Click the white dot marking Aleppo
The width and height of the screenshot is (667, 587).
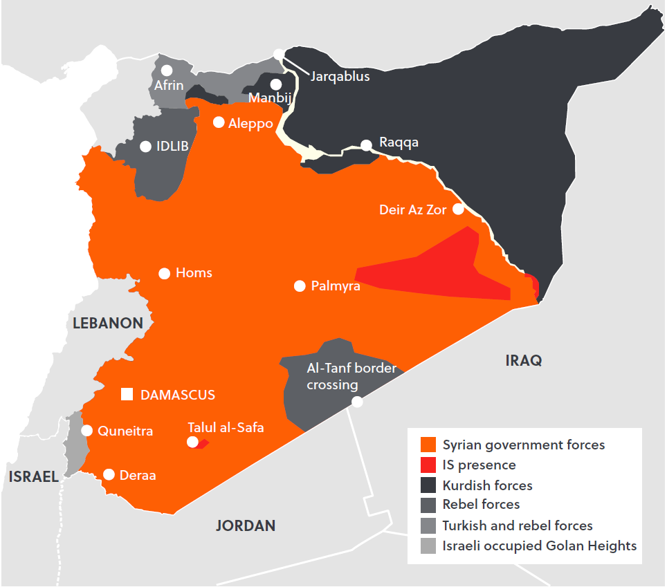[x=219, y=122]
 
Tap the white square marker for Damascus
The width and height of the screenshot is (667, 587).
[x=127, y=394]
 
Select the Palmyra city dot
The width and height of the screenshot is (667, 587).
[x=300, y=286]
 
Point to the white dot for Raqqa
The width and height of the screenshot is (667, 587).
[x=367, y=145]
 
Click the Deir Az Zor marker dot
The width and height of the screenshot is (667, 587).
[x=459, y=209]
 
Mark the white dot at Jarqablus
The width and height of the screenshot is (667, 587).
[x=278, y=54]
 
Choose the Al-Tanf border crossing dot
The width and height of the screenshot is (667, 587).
[x=357, y=402]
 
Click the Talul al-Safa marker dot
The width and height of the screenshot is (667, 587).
[x=193, y=442]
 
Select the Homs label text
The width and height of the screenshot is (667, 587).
[x=194, y=273]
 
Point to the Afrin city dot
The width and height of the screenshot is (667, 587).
[x=167, y=71]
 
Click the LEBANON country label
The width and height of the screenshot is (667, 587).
[x=108, y=323]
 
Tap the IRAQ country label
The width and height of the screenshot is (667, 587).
[x=524, y=360]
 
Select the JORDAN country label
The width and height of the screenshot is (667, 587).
[x=246, y=525]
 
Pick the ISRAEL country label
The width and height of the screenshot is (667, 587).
[x=33, y=476]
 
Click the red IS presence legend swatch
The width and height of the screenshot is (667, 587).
[x=429, y=465]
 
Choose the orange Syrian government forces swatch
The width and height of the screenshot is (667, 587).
[x=429, y=445]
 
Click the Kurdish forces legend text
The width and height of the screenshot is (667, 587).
[x=487, y=485]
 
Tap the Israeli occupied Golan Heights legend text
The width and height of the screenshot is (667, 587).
[x=539, y=546]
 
